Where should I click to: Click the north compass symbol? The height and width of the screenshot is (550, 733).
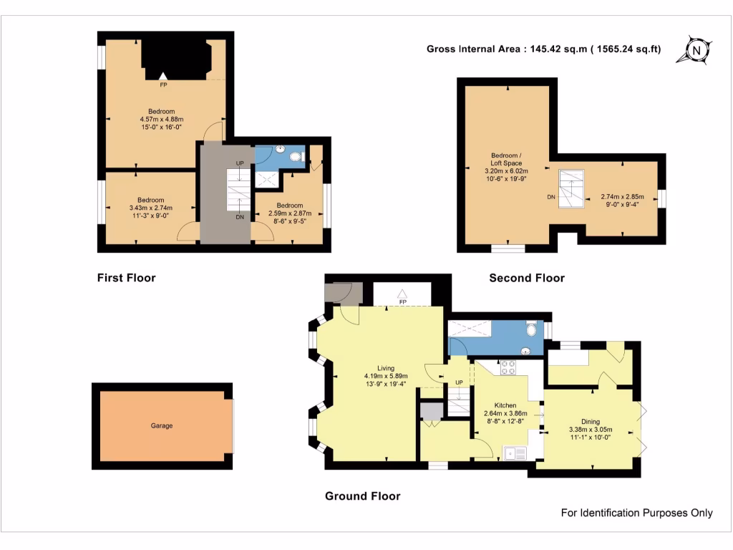coord(696,50)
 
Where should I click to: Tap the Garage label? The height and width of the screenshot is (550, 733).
coord(161,426)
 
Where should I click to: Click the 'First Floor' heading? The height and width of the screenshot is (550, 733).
coord(126,278)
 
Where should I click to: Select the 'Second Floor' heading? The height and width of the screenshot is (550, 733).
coord(527,278)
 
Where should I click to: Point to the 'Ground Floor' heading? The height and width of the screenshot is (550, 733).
coord(362,496)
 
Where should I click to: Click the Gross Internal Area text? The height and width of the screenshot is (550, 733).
coord(543,49)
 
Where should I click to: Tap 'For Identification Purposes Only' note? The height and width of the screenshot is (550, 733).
coord(636,513)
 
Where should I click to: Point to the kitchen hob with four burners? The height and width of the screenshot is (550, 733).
coord(508,367)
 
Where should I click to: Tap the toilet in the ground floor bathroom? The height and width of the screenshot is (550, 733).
coord(531,329)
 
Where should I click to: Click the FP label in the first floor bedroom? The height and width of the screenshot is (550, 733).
coord(163,85)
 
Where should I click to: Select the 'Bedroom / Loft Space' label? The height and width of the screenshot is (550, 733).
coord(506,159)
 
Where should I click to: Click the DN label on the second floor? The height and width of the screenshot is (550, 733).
coord(550,196)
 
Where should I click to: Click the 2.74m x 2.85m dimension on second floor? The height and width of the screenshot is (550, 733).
coord(622,196)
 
